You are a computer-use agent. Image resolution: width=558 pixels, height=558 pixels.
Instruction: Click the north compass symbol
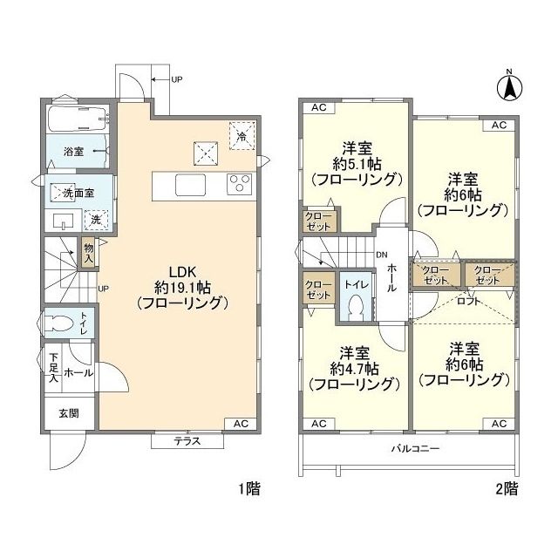[509, 86]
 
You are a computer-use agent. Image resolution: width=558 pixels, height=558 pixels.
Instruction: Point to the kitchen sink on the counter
[190, 185]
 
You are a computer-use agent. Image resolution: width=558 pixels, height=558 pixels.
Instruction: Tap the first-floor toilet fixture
[62, 322]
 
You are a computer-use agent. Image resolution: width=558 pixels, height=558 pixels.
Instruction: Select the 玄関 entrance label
[68, 413]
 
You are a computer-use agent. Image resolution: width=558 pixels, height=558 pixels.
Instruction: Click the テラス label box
[187, 441]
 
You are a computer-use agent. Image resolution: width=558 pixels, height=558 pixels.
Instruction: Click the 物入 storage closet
[89, 253]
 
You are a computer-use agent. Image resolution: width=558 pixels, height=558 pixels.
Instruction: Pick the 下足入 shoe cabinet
[54, 368]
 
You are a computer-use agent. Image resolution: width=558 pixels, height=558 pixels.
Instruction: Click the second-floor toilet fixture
[355, 307]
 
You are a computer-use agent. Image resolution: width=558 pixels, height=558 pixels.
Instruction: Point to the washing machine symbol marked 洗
[99, 220]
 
